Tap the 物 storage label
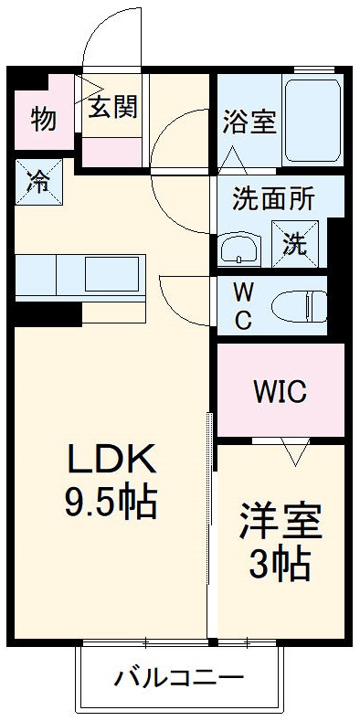click(42, 119)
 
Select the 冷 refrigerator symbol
click(38, 181)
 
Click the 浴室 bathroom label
click(249, 122)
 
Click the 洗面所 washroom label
click(274, 199)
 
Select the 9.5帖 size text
click(110, 500)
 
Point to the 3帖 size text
click(281, 564)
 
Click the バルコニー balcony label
click(178, 677)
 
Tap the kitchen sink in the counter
click(110, 272)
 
